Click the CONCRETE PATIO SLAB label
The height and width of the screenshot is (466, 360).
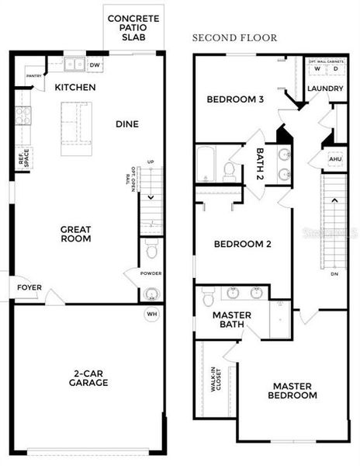(x=133, y=29)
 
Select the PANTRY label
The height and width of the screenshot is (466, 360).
(x=33, y=76)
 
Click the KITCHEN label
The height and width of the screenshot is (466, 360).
(x=75, y=87)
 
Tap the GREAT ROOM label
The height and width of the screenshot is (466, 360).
(x=76, y=234)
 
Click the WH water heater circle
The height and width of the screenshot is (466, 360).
(x=152, y=315)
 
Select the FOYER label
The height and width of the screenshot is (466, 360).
(x=29, y=287)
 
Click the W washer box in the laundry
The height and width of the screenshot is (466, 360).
(x=317, y=69)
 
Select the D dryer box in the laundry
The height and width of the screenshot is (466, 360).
(x=336, y=69)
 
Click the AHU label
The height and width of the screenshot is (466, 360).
(x=335, y=159)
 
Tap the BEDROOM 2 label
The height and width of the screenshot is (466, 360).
(x=242, y=244)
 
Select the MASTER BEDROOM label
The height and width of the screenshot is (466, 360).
(x=294, y=390)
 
